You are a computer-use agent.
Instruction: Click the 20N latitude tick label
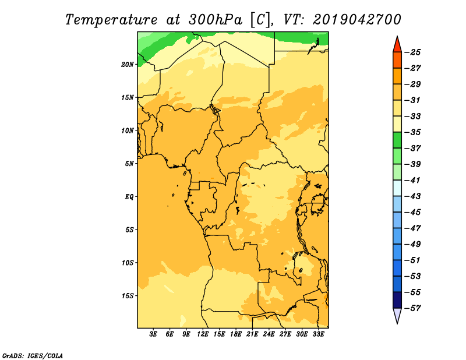128,64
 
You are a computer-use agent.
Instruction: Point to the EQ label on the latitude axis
129,197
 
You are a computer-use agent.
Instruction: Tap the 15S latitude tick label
128,296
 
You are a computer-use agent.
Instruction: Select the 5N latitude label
129,164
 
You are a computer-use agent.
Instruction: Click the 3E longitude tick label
153,334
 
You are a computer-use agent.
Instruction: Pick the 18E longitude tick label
236,334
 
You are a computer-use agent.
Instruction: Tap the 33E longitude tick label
318,334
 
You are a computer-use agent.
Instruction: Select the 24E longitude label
269,334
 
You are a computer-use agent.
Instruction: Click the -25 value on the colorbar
413,52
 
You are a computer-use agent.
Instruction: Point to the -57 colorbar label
413,308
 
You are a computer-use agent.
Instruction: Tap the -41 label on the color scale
413,180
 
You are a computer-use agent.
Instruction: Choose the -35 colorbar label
413,132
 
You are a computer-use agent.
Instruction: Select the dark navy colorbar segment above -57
397,300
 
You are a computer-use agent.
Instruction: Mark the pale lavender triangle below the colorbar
397,315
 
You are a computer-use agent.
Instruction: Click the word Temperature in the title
111,20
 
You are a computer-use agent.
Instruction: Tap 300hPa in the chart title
216,20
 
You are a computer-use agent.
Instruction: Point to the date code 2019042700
357,20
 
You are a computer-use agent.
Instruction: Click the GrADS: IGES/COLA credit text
33,355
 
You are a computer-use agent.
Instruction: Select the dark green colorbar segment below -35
397,140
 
